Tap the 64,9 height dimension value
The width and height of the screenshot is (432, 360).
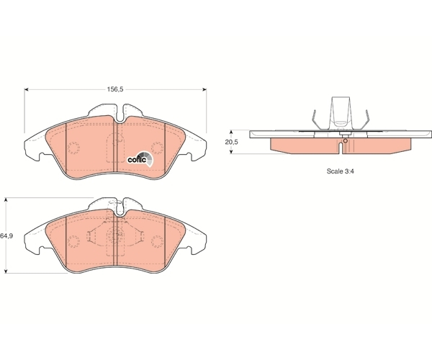pos(6,235)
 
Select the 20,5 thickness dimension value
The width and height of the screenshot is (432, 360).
pos(231,142)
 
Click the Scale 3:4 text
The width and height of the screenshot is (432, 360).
pos(341,171)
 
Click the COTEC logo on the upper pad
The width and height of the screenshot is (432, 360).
pos(140,159)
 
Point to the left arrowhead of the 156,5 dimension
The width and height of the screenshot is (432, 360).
pos(27,89)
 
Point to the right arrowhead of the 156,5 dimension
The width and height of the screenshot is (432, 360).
pos(204,89)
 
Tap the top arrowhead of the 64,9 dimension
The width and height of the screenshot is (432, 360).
pos(6,199)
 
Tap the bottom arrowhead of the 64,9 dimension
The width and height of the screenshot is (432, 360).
pos(6,271)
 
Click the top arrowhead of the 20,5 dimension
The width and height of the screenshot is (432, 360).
pos(231,132)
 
